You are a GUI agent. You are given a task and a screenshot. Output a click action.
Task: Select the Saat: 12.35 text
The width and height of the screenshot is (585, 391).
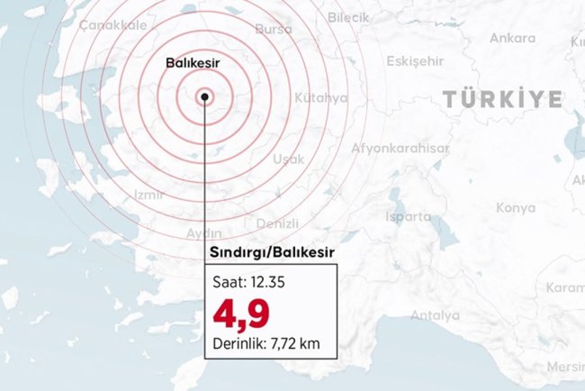point(249,282)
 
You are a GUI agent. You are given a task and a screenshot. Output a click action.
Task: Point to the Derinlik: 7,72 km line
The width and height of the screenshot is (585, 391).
point(267,342)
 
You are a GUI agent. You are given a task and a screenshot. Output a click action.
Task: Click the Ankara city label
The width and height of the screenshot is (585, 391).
point(512,39)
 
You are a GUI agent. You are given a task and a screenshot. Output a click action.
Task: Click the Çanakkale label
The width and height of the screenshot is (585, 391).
point(112,25)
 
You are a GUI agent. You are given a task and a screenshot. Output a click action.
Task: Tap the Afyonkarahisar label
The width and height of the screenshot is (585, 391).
point(400,148)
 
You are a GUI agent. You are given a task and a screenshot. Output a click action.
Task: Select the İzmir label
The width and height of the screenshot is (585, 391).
point(148,195)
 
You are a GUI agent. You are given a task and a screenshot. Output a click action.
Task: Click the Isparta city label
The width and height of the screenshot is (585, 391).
point(408,216)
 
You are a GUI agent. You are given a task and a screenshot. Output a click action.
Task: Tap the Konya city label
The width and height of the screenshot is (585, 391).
point(516,208)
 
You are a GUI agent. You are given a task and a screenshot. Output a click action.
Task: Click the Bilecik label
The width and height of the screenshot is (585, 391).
point(373,17)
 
